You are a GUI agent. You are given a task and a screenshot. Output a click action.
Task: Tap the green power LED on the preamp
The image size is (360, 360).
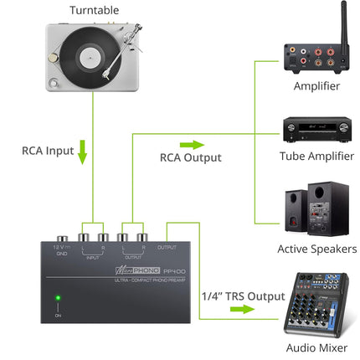point(57,297)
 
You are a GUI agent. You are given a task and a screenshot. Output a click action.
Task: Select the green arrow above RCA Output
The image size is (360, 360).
point(191,122)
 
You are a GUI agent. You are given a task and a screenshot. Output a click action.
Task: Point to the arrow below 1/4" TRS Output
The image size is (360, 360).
point(239,308)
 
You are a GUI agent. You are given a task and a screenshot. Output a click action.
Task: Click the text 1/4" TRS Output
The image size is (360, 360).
point(242,296)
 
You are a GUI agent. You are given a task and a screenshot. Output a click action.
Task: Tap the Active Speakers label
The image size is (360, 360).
point(317,249)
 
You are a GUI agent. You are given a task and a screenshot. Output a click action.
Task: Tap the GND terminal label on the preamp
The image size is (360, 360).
point(61,254)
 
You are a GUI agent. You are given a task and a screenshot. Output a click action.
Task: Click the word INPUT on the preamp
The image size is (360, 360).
point(93,258)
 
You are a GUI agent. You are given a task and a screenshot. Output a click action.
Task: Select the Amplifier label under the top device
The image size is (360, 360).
point(317,86)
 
